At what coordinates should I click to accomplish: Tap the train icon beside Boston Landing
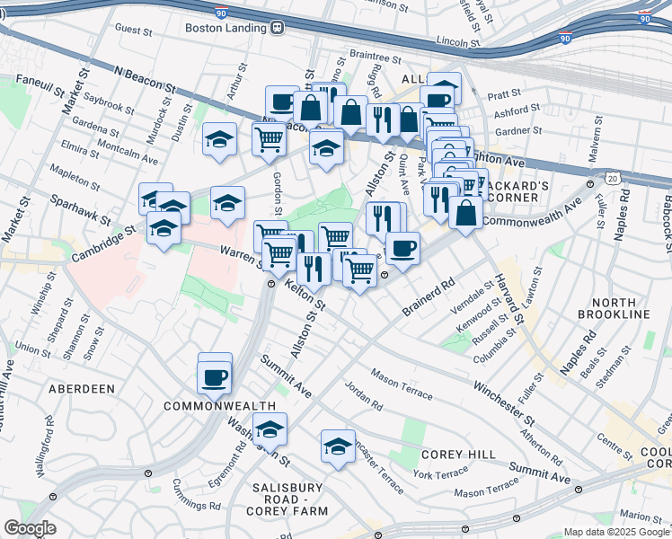(x=278, y=28)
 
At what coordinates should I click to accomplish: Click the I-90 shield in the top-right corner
(x=644, y=17)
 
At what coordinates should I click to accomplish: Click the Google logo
(x=29, y=528)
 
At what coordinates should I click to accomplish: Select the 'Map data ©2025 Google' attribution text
(x=616, y=532)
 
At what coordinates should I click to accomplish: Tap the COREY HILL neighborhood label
(x=458, y=455)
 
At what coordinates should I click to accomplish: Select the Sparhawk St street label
(x=79, y=210)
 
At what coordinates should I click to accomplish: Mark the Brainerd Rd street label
(x=429, y=301)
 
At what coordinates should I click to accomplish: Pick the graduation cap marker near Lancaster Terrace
(x=338, y=445)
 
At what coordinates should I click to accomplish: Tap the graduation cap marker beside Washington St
(x=269, y=430)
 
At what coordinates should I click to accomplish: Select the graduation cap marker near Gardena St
(x=219, y=139)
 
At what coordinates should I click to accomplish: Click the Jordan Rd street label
(x=363, y=395)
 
